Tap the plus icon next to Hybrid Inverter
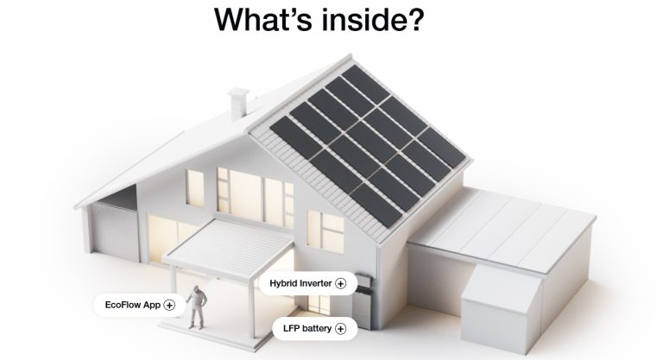[x=340, y=283]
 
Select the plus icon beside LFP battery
[x=340, y=329]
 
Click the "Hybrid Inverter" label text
[x=300, y=283]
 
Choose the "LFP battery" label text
[x=307, y=328]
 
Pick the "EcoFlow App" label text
[x=133, y=305]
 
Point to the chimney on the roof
[x=238, y=103]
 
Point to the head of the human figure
[x=196, y=289]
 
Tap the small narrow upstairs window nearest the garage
[x=195, y=188]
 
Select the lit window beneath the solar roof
[x=325, y=232]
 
